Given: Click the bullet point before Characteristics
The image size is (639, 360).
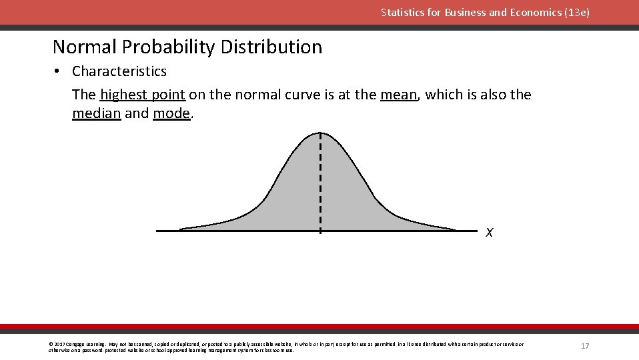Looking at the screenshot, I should click(58, 71).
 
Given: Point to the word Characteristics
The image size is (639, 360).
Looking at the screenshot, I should click(119, 71).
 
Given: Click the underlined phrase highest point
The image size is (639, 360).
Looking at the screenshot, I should click(143, 95).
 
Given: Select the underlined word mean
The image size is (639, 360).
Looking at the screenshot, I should click(399, 95).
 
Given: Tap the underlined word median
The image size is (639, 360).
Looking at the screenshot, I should click(96, 113).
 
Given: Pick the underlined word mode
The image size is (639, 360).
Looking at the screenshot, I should click(171, 113).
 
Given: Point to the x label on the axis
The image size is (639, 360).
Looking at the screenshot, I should click(490, 233).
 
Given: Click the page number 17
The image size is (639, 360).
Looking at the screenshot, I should click(585, 346).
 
